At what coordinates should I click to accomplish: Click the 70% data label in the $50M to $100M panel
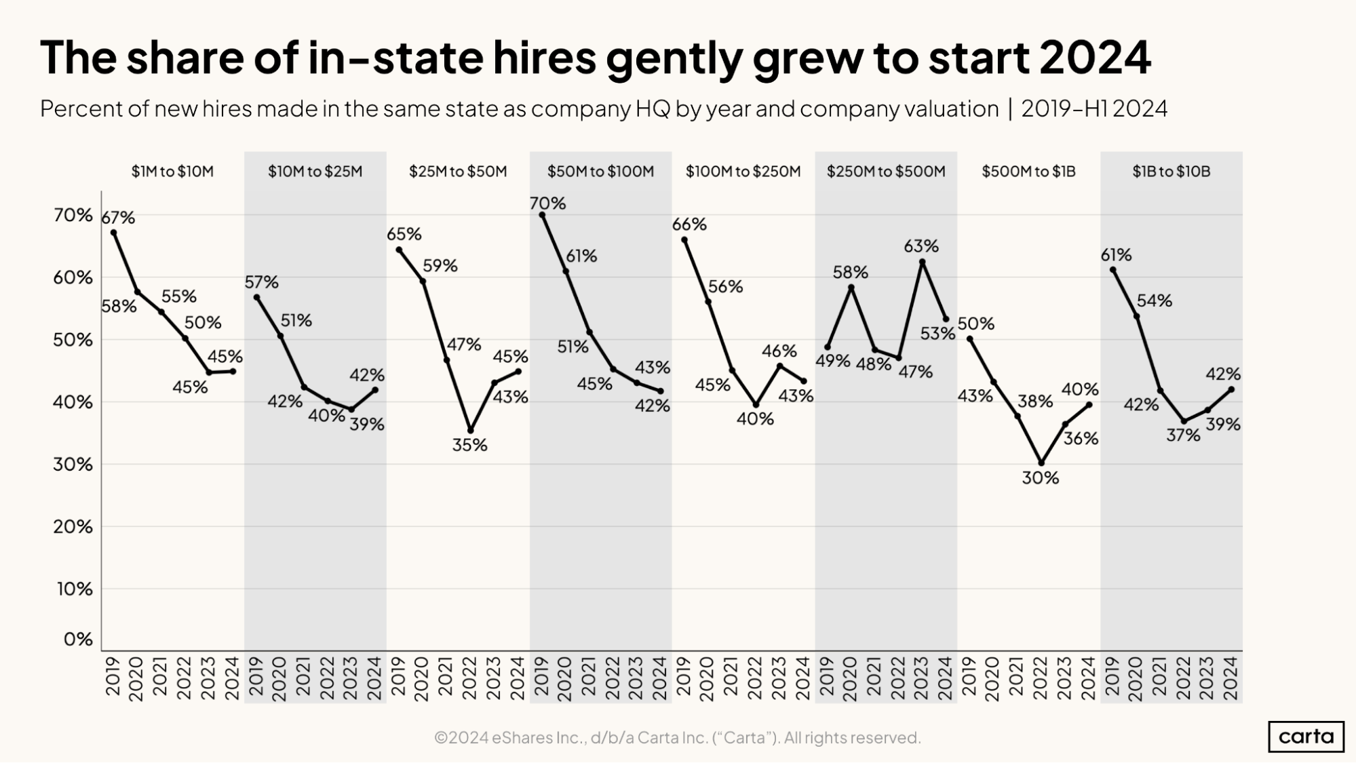[x=547, y=203]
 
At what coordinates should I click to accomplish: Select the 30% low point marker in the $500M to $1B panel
[x=1041, y=464]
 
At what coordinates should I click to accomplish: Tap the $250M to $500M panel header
[x=885, y=172]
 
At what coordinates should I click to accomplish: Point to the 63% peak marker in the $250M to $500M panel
[x=922, y=262]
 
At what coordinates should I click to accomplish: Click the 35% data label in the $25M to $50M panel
[x=469, y=445]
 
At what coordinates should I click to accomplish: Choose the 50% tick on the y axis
[x=73, y=340]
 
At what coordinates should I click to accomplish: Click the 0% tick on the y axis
[x=77, y=639]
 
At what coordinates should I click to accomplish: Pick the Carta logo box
[x=1305, y=737]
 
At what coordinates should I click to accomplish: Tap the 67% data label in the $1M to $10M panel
[x=118, y=218]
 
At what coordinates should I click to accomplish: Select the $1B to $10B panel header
[x=1171, y=172]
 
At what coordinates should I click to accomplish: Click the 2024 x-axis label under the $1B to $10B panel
[x=1231, y=678]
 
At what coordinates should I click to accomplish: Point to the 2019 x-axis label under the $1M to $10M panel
[x=113, y=678]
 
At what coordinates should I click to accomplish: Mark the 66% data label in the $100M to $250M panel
[x=689, y=224]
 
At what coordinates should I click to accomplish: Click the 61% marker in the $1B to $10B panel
[x=1112, y=270]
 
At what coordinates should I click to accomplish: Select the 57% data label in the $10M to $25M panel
[x=262, y=282]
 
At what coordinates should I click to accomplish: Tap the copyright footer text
[x=677, y=737]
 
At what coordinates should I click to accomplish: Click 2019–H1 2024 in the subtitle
[x=1093, y=109]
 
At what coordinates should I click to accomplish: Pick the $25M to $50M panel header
[x=458, y=172]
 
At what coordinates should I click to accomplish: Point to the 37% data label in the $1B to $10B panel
[x=1183, y=435]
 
